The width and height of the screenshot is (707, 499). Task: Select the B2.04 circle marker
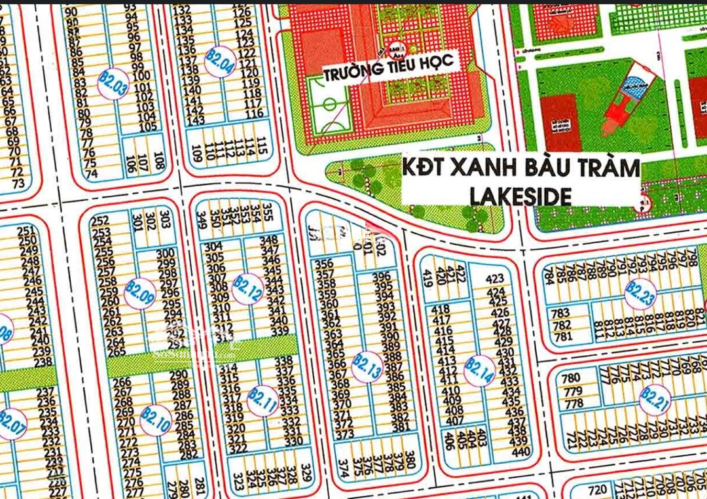pyautogui.click(x=220, y=61)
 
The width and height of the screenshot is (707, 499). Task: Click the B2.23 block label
pyautogui.click(x=640, y=294)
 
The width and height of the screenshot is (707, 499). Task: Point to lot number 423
pyautogui.click(x=496, y=279)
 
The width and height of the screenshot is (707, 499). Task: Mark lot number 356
pyautogui.click(x=325, y=264)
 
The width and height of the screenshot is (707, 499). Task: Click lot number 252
pyautogui.click(x=101, y=221)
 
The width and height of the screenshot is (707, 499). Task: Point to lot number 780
pyautogui.click(x=571, y=378)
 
